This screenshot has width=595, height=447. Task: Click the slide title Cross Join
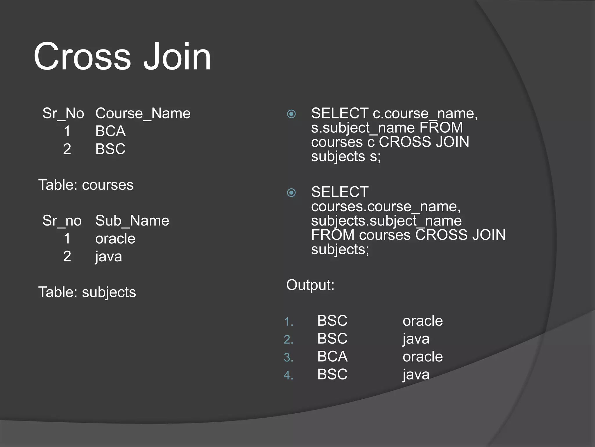point(122,56)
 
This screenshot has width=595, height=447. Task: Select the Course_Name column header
point(143,113)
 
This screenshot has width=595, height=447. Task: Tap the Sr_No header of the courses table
point(63,113)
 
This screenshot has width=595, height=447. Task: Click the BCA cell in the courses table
point(110,131)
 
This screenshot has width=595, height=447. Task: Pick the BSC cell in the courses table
point(110,149)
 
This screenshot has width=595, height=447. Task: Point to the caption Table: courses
point(86,185)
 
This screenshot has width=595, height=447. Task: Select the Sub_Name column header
point(132,221)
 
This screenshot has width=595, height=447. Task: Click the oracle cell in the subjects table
point(115,239)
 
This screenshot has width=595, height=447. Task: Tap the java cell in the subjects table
point(109,257)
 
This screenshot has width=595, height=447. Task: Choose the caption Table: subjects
point(87,292)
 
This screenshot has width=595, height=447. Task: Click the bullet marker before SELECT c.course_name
point(291,114)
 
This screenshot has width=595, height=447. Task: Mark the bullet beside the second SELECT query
point(291,193)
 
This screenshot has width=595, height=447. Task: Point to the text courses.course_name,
point(386,207)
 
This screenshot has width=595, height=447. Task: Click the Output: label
point(310,285)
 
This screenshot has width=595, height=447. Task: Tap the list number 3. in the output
point(288,358)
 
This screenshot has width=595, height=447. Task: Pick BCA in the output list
point(332,356)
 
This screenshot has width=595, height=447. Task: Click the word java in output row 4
point(416,375)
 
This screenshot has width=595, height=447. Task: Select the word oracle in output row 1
point(423,321)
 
